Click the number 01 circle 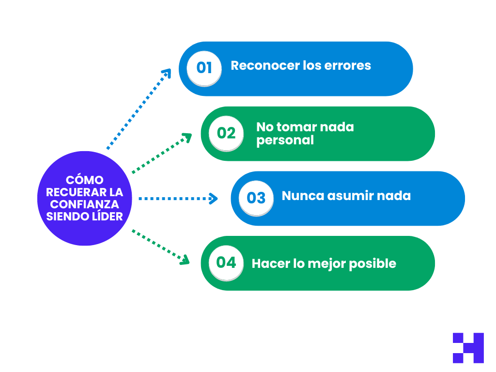pos(204,67)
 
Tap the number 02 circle pos(226,133)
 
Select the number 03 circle pos(256,198)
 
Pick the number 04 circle pos(226,263)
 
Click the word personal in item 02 pos(285,140)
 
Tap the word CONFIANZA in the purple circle pos(85,204)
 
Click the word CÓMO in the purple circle pos(85,180)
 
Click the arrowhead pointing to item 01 pos(167,73)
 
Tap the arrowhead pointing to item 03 pos(214,198)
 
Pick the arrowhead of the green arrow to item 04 pos(185,261)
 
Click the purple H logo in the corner pos(468,348)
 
